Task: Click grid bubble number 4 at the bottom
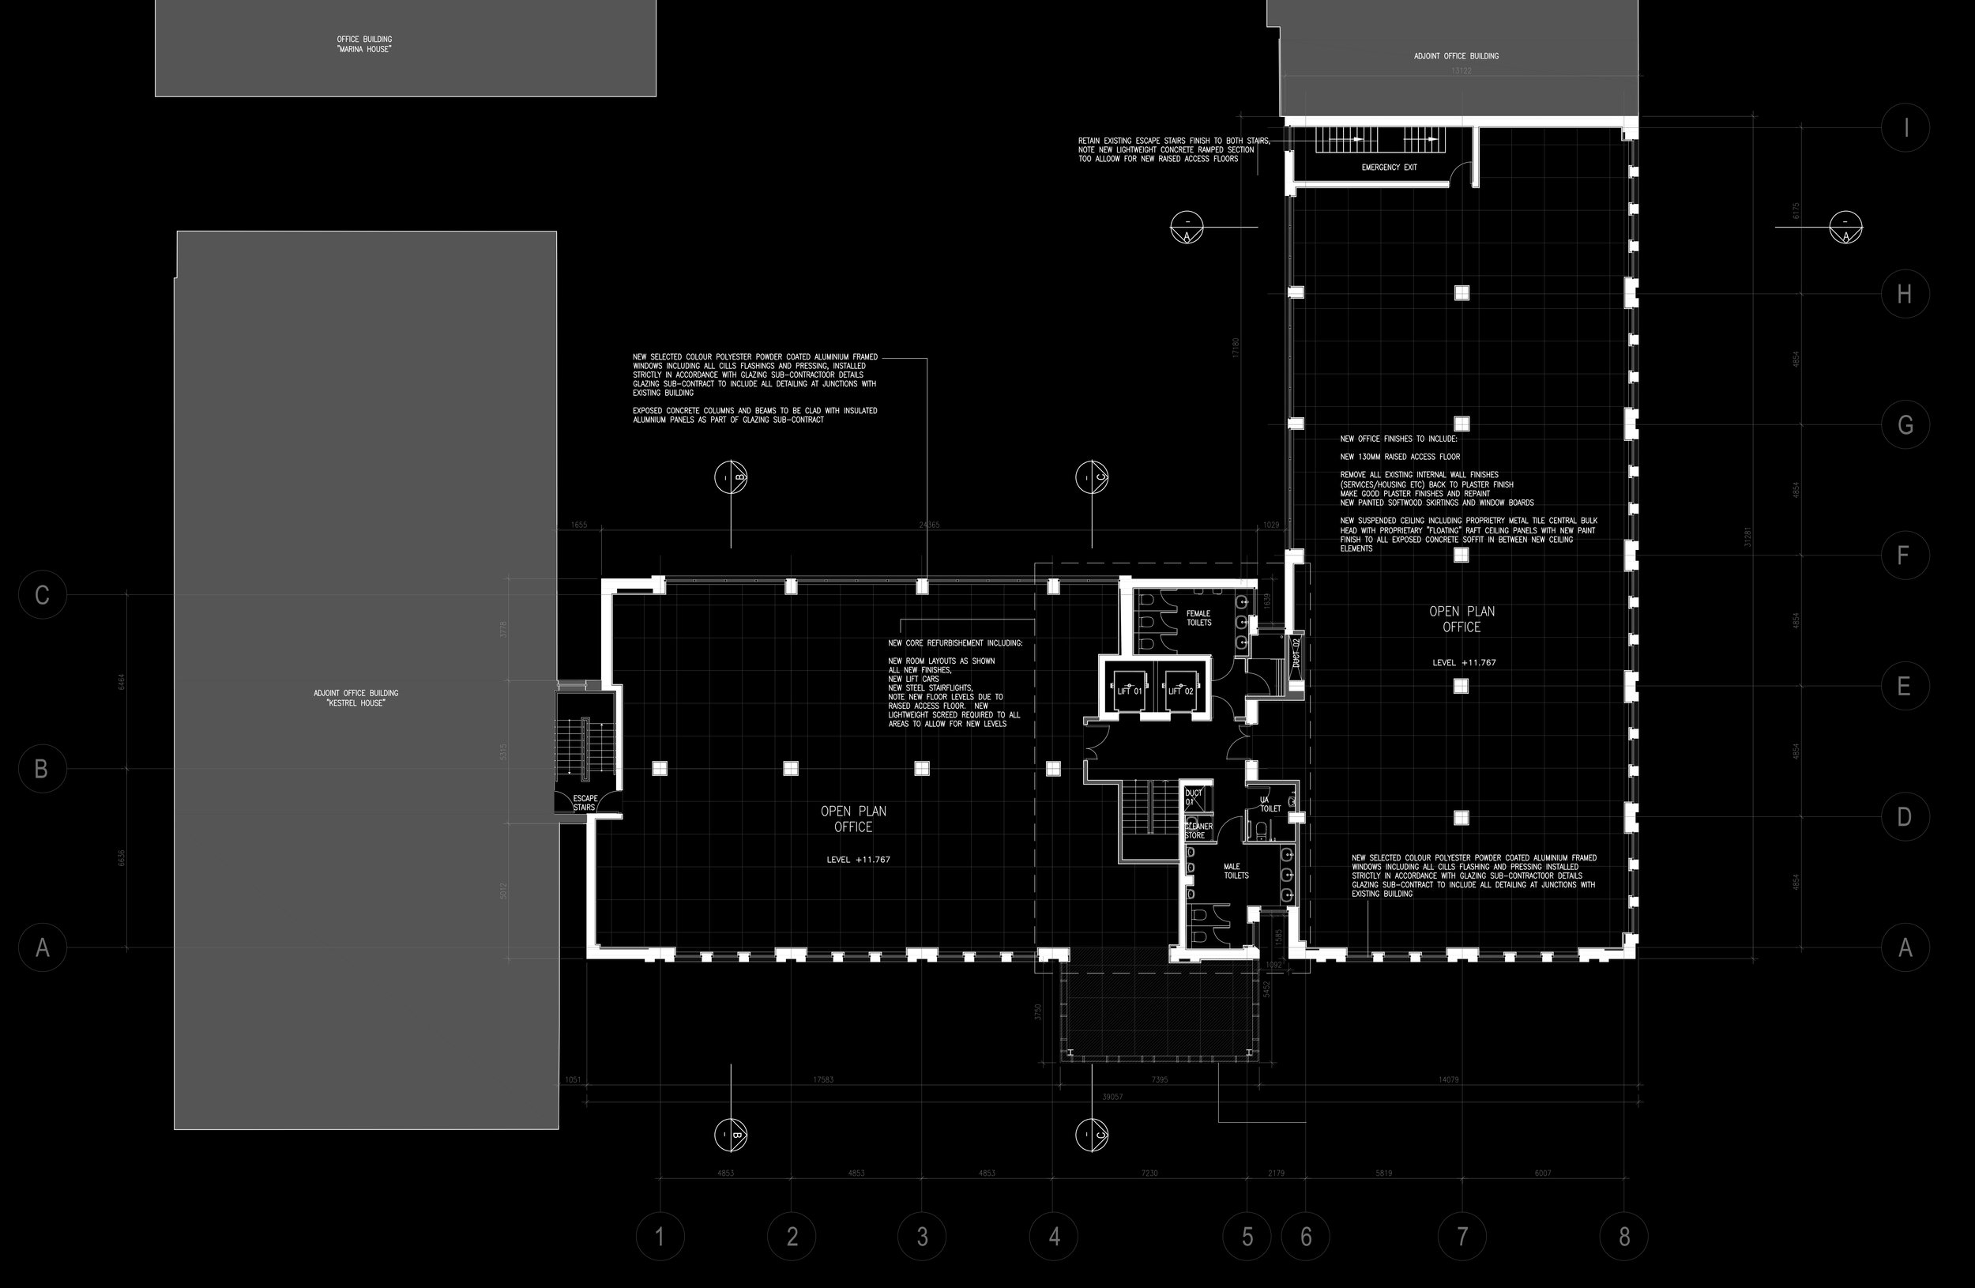[1054, 1237]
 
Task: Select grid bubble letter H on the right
[1905, 294]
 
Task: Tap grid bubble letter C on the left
[43, 595]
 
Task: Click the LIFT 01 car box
[1130, 691]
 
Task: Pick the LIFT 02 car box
[1181, 691]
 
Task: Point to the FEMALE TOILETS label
[1198, 618]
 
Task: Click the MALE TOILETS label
[1236, 871]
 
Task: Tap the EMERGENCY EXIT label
[1389, 168]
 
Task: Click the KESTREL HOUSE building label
[356, 698]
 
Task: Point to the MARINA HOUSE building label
[364, 44]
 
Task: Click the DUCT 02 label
[1296, 653]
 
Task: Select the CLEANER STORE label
[1198, 830]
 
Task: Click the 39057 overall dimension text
[1112, 1097]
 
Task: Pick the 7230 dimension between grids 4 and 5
[1149, 1173]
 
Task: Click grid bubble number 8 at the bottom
[1624, 1237]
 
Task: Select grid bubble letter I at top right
[1905, 128]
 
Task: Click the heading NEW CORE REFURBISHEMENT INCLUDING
[955, 643]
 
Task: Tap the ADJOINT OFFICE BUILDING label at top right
[1456, 56]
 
